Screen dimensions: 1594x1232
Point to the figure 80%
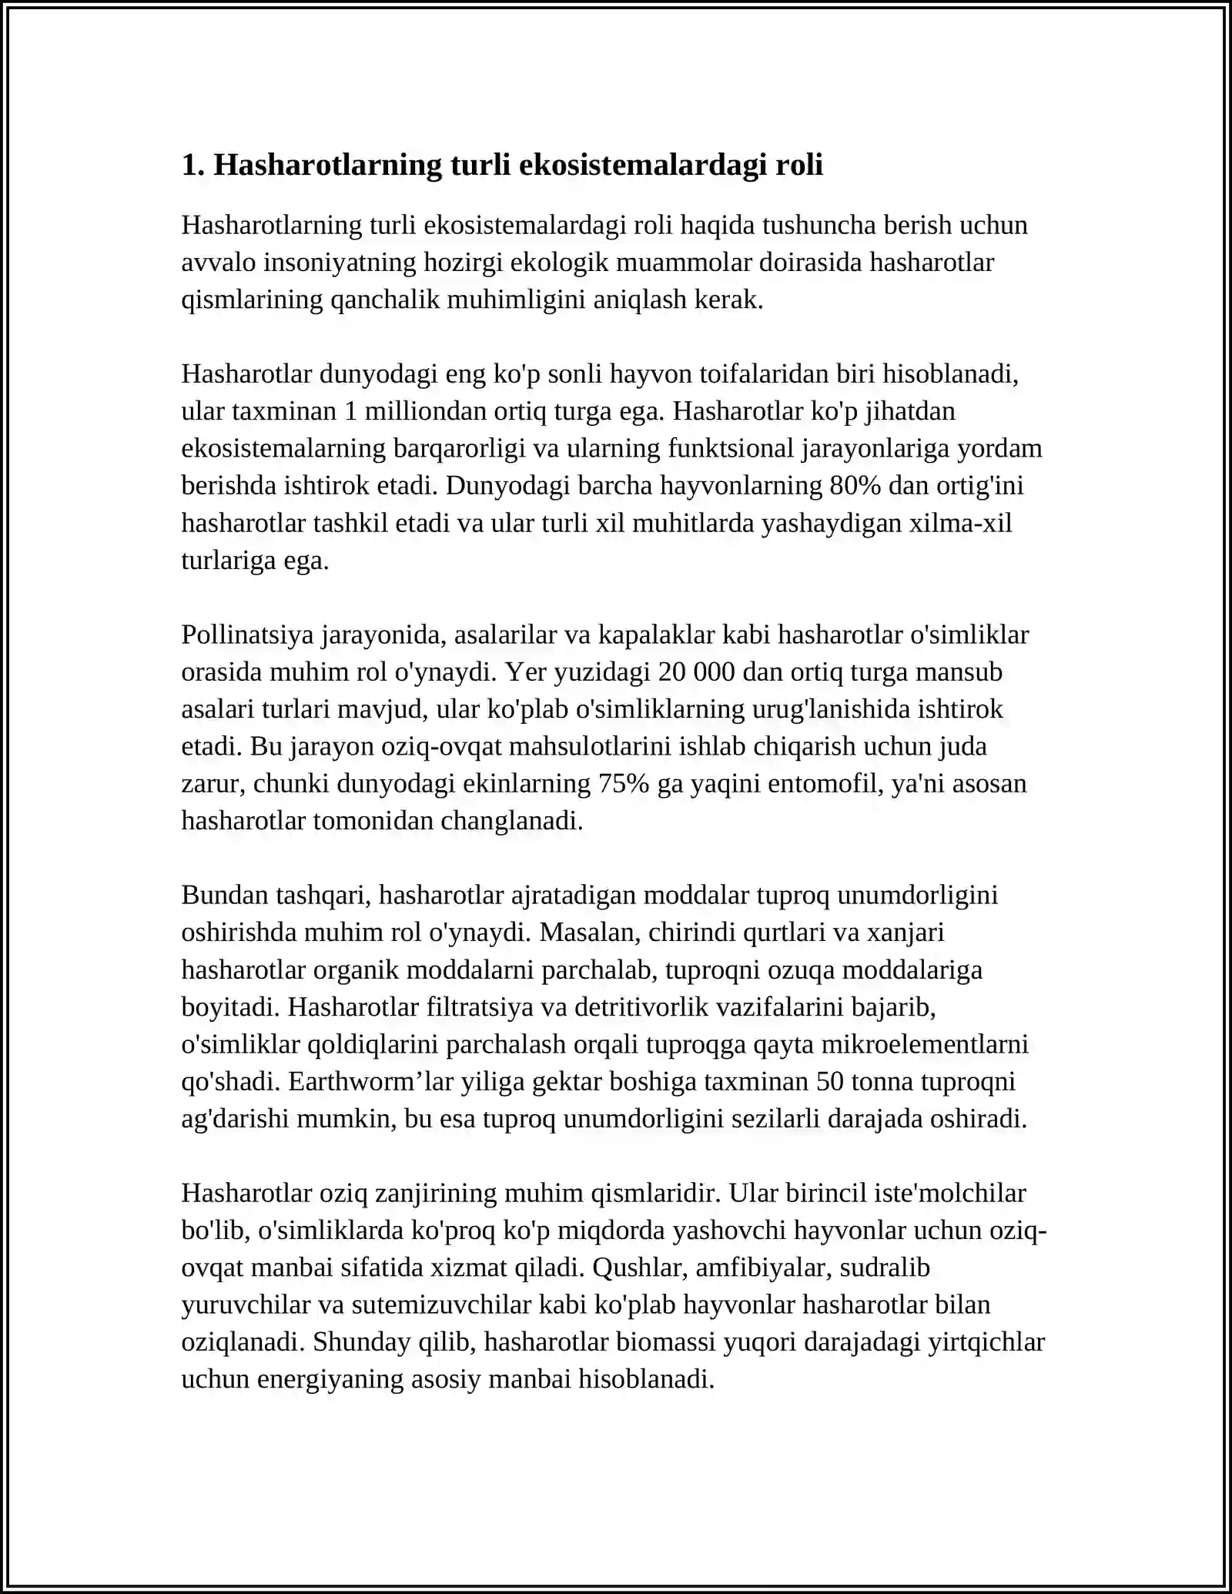(855, 486)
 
